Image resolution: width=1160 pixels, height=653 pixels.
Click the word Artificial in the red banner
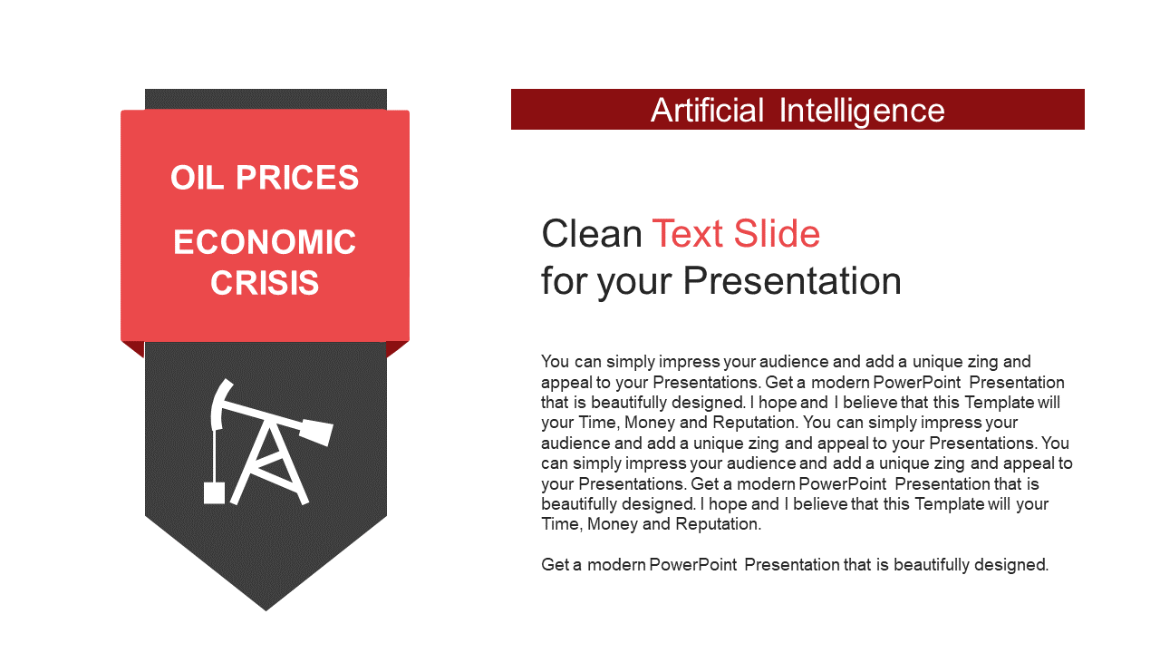click(x=707, y=111)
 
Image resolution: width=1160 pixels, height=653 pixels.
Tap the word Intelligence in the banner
click(x=862, y=112)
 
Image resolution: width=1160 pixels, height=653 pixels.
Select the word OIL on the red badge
click(x=198, y=178)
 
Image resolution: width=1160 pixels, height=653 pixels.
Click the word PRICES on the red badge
click(x=297, y=178)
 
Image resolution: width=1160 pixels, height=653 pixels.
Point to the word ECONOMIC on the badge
click(x=265, y=242)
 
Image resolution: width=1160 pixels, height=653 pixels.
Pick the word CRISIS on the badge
click(x=265, y=283)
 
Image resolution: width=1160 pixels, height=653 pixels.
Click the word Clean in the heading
click(x=592, y=234)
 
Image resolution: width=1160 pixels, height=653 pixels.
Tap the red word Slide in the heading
click(x=777, y=234)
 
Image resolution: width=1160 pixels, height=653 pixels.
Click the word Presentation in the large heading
click(x=792, y=281)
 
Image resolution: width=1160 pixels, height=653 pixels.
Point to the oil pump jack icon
click(x=267, y=442)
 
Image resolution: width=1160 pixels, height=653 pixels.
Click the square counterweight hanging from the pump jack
click(x=214, y=493)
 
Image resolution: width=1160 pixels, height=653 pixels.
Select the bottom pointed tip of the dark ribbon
click(x=266, y=610)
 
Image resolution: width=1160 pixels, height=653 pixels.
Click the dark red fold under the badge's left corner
click(x=134, y=348)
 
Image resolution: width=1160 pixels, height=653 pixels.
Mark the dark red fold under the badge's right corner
click(x=397, y=348)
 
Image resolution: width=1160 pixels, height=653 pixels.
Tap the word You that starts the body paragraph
click(x=556, y=361)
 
